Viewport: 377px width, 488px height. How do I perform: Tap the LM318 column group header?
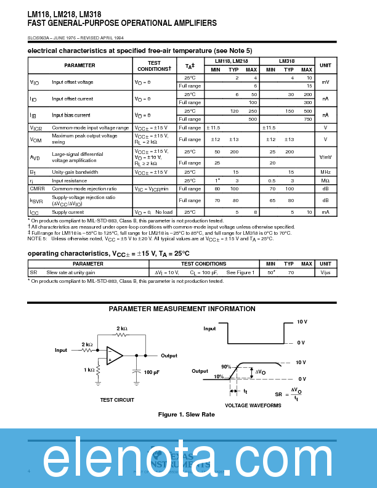[x=288, y=61]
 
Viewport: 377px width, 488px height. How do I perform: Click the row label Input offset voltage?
[x=72, y=82]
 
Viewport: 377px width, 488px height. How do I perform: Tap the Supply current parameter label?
[x=67, y=212]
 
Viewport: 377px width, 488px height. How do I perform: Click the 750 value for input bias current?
[x=307, y=119]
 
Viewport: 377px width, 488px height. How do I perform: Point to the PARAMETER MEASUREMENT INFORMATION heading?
[x=182, y=309]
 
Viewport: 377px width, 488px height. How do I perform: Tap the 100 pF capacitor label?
[x=152, y=372]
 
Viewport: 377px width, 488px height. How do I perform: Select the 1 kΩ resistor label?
[x=89, y=370]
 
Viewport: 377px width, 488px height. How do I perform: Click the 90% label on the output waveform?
[x=226, y=367]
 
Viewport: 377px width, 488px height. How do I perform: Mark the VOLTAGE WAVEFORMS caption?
[x=253, y=405]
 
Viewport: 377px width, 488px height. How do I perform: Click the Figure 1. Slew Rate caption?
[x=187, y=415]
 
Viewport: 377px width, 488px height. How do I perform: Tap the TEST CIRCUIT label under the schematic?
[x=117, y=400]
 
